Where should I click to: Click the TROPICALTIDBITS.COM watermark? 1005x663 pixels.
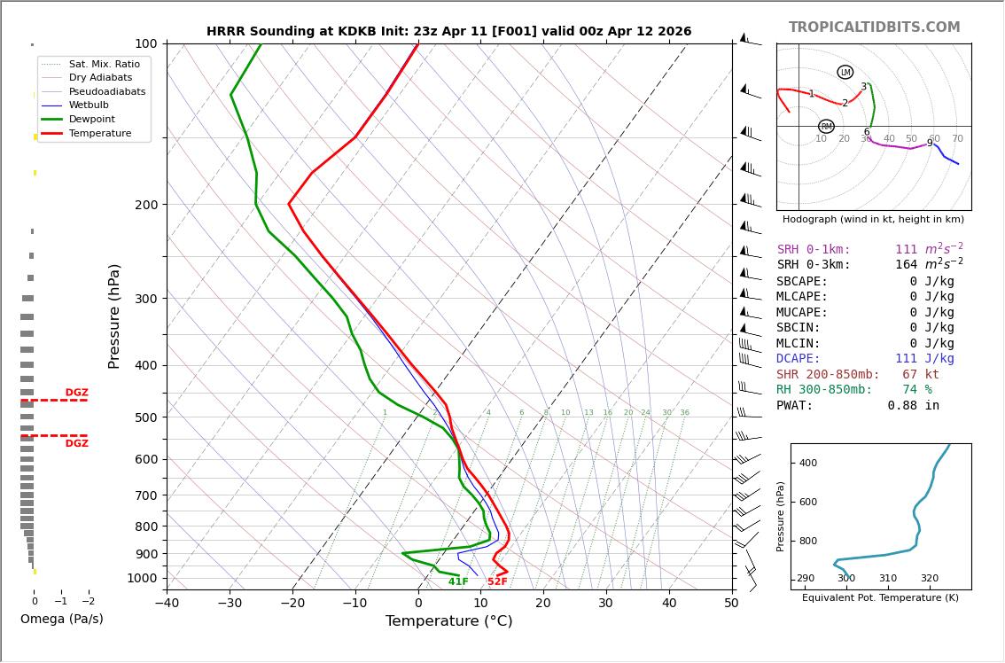click(x=874, y=27)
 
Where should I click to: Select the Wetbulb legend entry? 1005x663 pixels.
click(x=89, y=105)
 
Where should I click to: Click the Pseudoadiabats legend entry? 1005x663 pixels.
click(x=107, y=91)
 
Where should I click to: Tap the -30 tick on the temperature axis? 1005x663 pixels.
click(x=230, y=603)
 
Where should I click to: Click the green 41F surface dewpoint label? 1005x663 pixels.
click(x=458, y=581)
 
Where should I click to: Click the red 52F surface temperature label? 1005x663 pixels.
click(x=497, y=581)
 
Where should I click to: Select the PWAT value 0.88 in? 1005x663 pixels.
click(x=914, y=405)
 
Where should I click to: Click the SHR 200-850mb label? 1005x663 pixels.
click(x=828, y=374)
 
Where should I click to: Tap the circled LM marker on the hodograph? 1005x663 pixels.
click(x=845, y=73)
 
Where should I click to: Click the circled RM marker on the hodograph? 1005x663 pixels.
click(x=827, y=127)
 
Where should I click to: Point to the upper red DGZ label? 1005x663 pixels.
click(x=76, y=393)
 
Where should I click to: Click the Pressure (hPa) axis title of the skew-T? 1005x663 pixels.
click(x=114, y=316)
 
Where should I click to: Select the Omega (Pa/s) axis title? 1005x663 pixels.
click(x=61, y=619)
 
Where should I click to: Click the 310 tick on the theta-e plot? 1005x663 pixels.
click(x=888, y=579)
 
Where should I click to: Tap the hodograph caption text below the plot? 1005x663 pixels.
click(x=873, y=219)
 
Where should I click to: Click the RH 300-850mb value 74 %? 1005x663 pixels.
click(x=917, y=390)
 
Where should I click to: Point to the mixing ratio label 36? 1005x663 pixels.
click(x=684, y=412)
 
